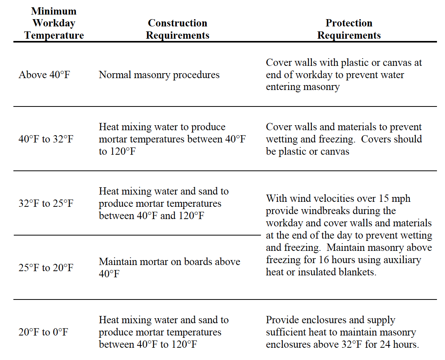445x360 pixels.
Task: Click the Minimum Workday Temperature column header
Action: pyautogui.click(x=54, y=23)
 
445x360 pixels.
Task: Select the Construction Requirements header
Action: pyautogui.click(x=178, y=29)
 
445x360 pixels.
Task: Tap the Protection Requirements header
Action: pyautogui.click(x=349, y=29)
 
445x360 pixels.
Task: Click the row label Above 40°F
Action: pyautogui.click(x=44, y=75)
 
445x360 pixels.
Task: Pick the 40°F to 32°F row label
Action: pyautogui.click(x=46, y=139)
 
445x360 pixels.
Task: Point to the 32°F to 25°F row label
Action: pyautogui.click(x=46, y=203)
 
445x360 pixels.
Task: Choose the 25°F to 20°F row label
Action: pyautogui.click(x=46, y=268)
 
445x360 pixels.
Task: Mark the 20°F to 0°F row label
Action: pyautogui.click(x=43, y=332)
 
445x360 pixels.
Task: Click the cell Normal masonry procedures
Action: pyautogui.click(x=159, y=75)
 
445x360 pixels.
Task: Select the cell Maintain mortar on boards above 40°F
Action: pyautogui.click(x=170, y=268)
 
